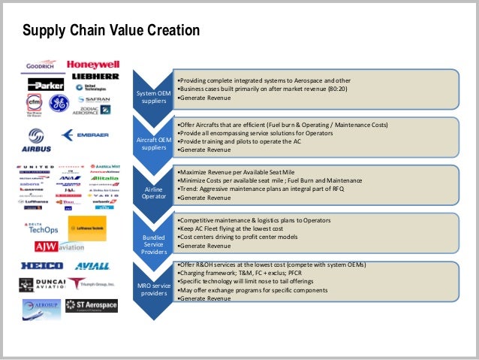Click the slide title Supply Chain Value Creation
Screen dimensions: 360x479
pos(110,31)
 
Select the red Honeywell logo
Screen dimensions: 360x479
pos(93,65)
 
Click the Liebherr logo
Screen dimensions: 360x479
pos(95,77)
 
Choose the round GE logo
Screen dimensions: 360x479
pos(59,104)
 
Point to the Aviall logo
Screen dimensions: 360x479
pos(92,266)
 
